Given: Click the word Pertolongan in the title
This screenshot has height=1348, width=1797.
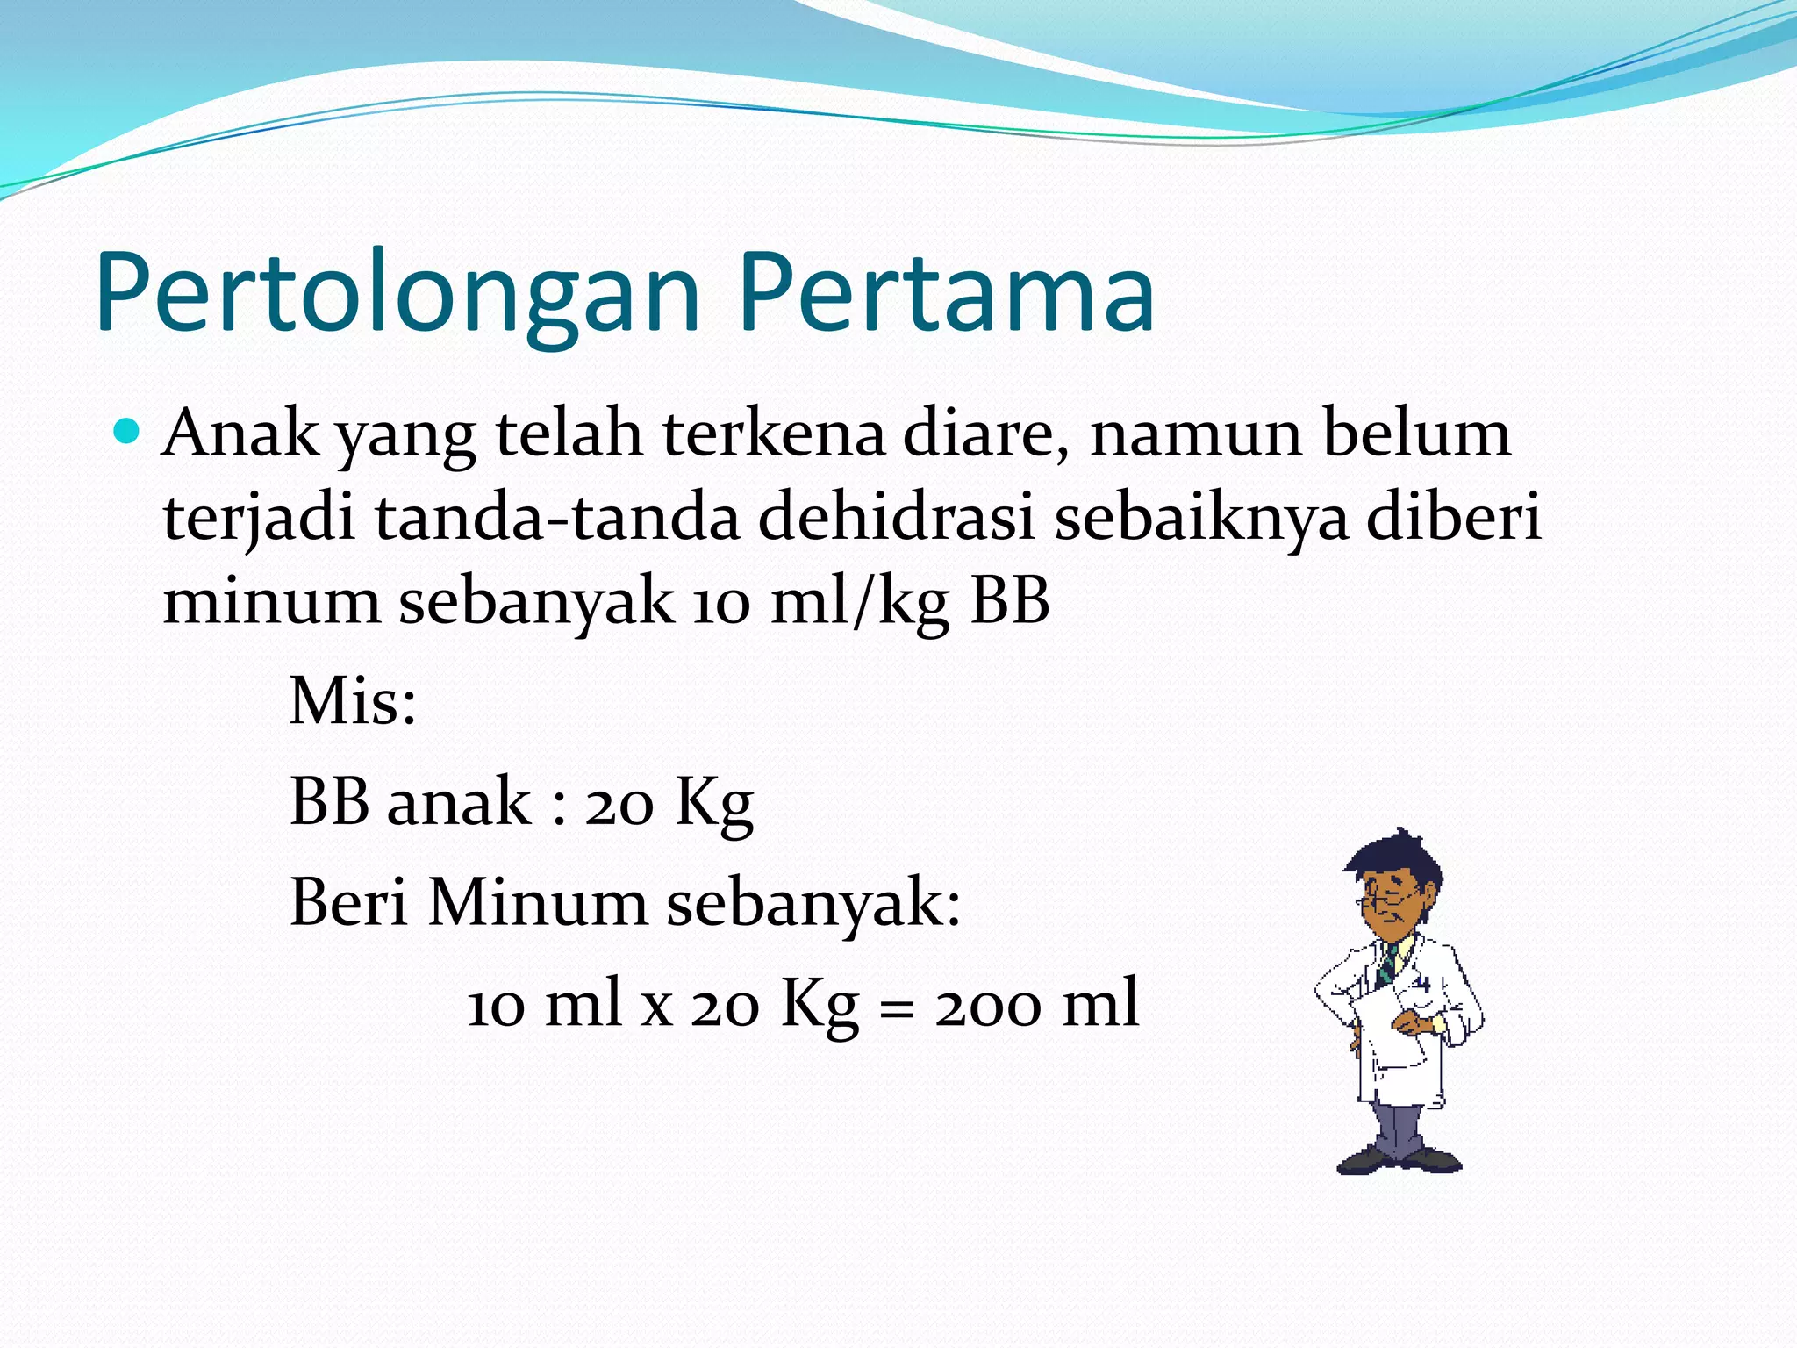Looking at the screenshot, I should click(399, 294).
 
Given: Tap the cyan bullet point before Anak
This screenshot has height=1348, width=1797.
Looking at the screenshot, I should click(127, 432).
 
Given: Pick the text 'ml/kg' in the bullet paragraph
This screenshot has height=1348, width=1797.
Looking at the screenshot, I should click(860, 604).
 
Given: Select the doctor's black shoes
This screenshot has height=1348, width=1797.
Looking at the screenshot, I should click(1399, 1159).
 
